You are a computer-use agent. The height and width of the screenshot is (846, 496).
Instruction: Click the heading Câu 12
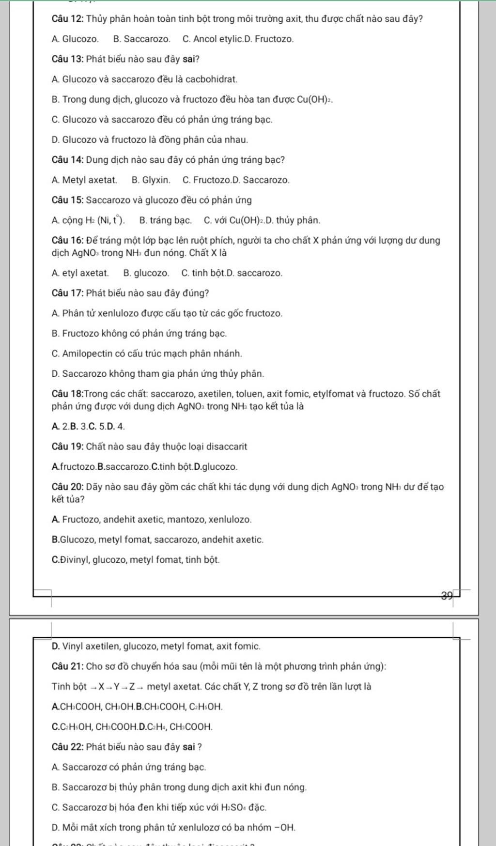[x=67, y=19]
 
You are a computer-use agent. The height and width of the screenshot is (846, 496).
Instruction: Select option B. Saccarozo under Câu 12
[x=141, y=39]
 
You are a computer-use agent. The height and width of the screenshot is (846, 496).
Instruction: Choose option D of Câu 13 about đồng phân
[x=149, y=140]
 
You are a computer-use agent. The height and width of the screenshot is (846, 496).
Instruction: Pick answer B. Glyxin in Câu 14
[x=151, y=180]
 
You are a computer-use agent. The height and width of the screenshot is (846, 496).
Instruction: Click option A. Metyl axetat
[x=84, y=180]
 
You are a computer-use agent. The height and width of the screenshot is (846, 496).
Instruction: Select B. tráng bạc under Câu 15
[x=165, y=221]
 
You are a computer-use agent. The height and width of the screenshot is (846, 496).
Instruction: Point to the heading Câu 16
[x=67, y=241]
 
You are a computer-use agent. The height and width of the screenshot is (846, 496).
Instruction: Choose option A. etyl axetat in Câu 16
[x=80, y=273]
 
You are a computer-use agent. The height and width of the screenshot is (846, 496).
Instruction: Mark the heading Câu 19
[x=67, y=446]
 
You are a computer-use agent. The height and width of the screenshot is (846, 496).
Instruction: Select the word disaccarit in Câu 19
[x=228, y=446]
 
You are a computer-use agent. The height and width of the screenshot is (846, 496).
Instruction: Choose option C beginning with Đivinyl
[x=135, y=560]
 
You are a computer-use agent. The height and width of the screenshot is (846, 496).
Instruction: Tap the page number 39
[x=447, y=595]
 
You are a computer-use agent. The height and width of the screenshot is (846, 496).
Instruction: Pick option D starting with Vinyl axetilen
[x=155, y=646]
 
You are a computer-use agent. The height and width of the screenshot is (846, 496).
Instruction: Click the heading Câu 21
[x=67, y=667]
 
